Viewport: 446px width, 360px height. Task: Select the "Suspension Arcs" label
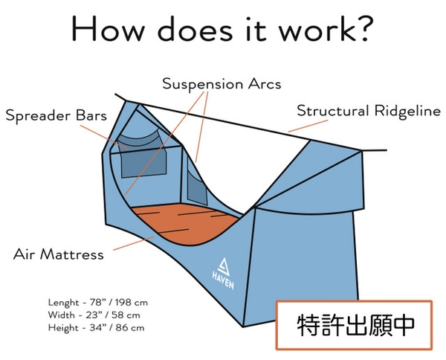222,84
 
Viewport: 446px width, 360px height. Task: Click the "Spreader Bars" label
56,116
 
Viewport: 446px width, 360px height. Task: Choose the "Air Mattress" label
58,254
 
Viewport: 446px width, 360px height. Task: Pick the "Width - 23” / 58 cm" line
92,315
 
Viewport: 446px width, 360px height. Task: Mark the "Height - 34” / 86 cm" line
95,327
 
